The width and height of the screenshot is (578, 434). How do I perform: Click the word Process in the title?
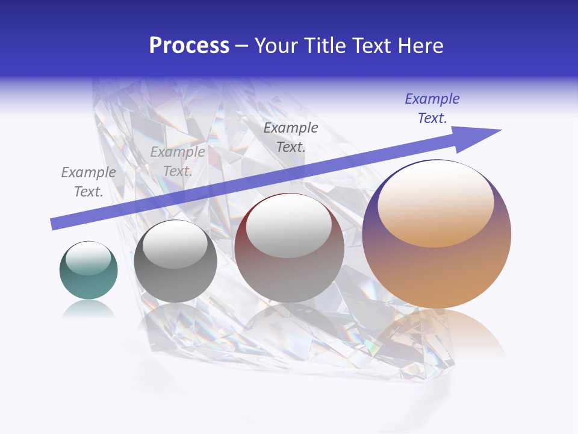point(189,46)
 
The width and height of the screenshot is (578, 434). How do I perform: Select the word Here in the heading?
point(421,46)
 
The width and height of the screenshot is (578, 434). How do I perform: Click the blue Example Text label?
point(432,108)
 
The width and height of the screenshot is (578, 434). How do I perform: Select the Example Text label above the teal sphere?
point(89,182)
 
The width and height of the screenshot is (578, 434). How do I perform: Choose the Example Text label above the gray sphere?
point(178,162)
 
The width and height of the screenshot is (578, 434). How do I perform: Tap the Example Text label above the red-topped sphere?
point(291,137)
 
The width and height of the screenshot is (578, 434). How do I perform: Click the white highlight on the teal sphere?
point(89,258)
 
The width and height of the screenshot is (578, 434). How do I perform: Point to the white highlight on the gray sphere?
point(175,244)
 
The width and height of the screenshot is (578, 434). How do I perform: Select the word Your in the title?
point(275,46)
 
